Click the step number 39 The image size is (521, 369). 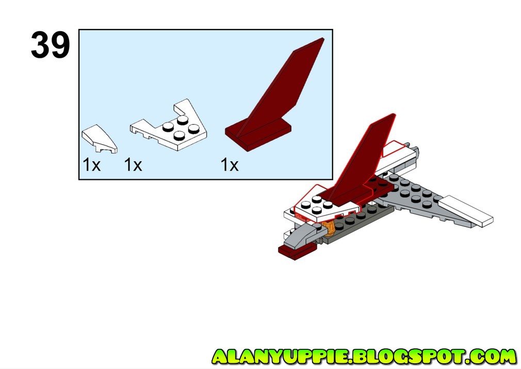50,45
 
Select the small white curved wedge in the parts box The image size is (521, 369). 99,139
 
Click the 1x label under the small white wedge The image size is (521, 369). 91,165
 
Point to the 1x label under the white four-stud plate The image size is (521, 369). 133,165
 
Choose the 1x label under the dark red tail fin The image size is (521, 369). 230,165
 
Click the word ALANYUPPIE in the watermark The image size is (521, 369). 281,357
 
